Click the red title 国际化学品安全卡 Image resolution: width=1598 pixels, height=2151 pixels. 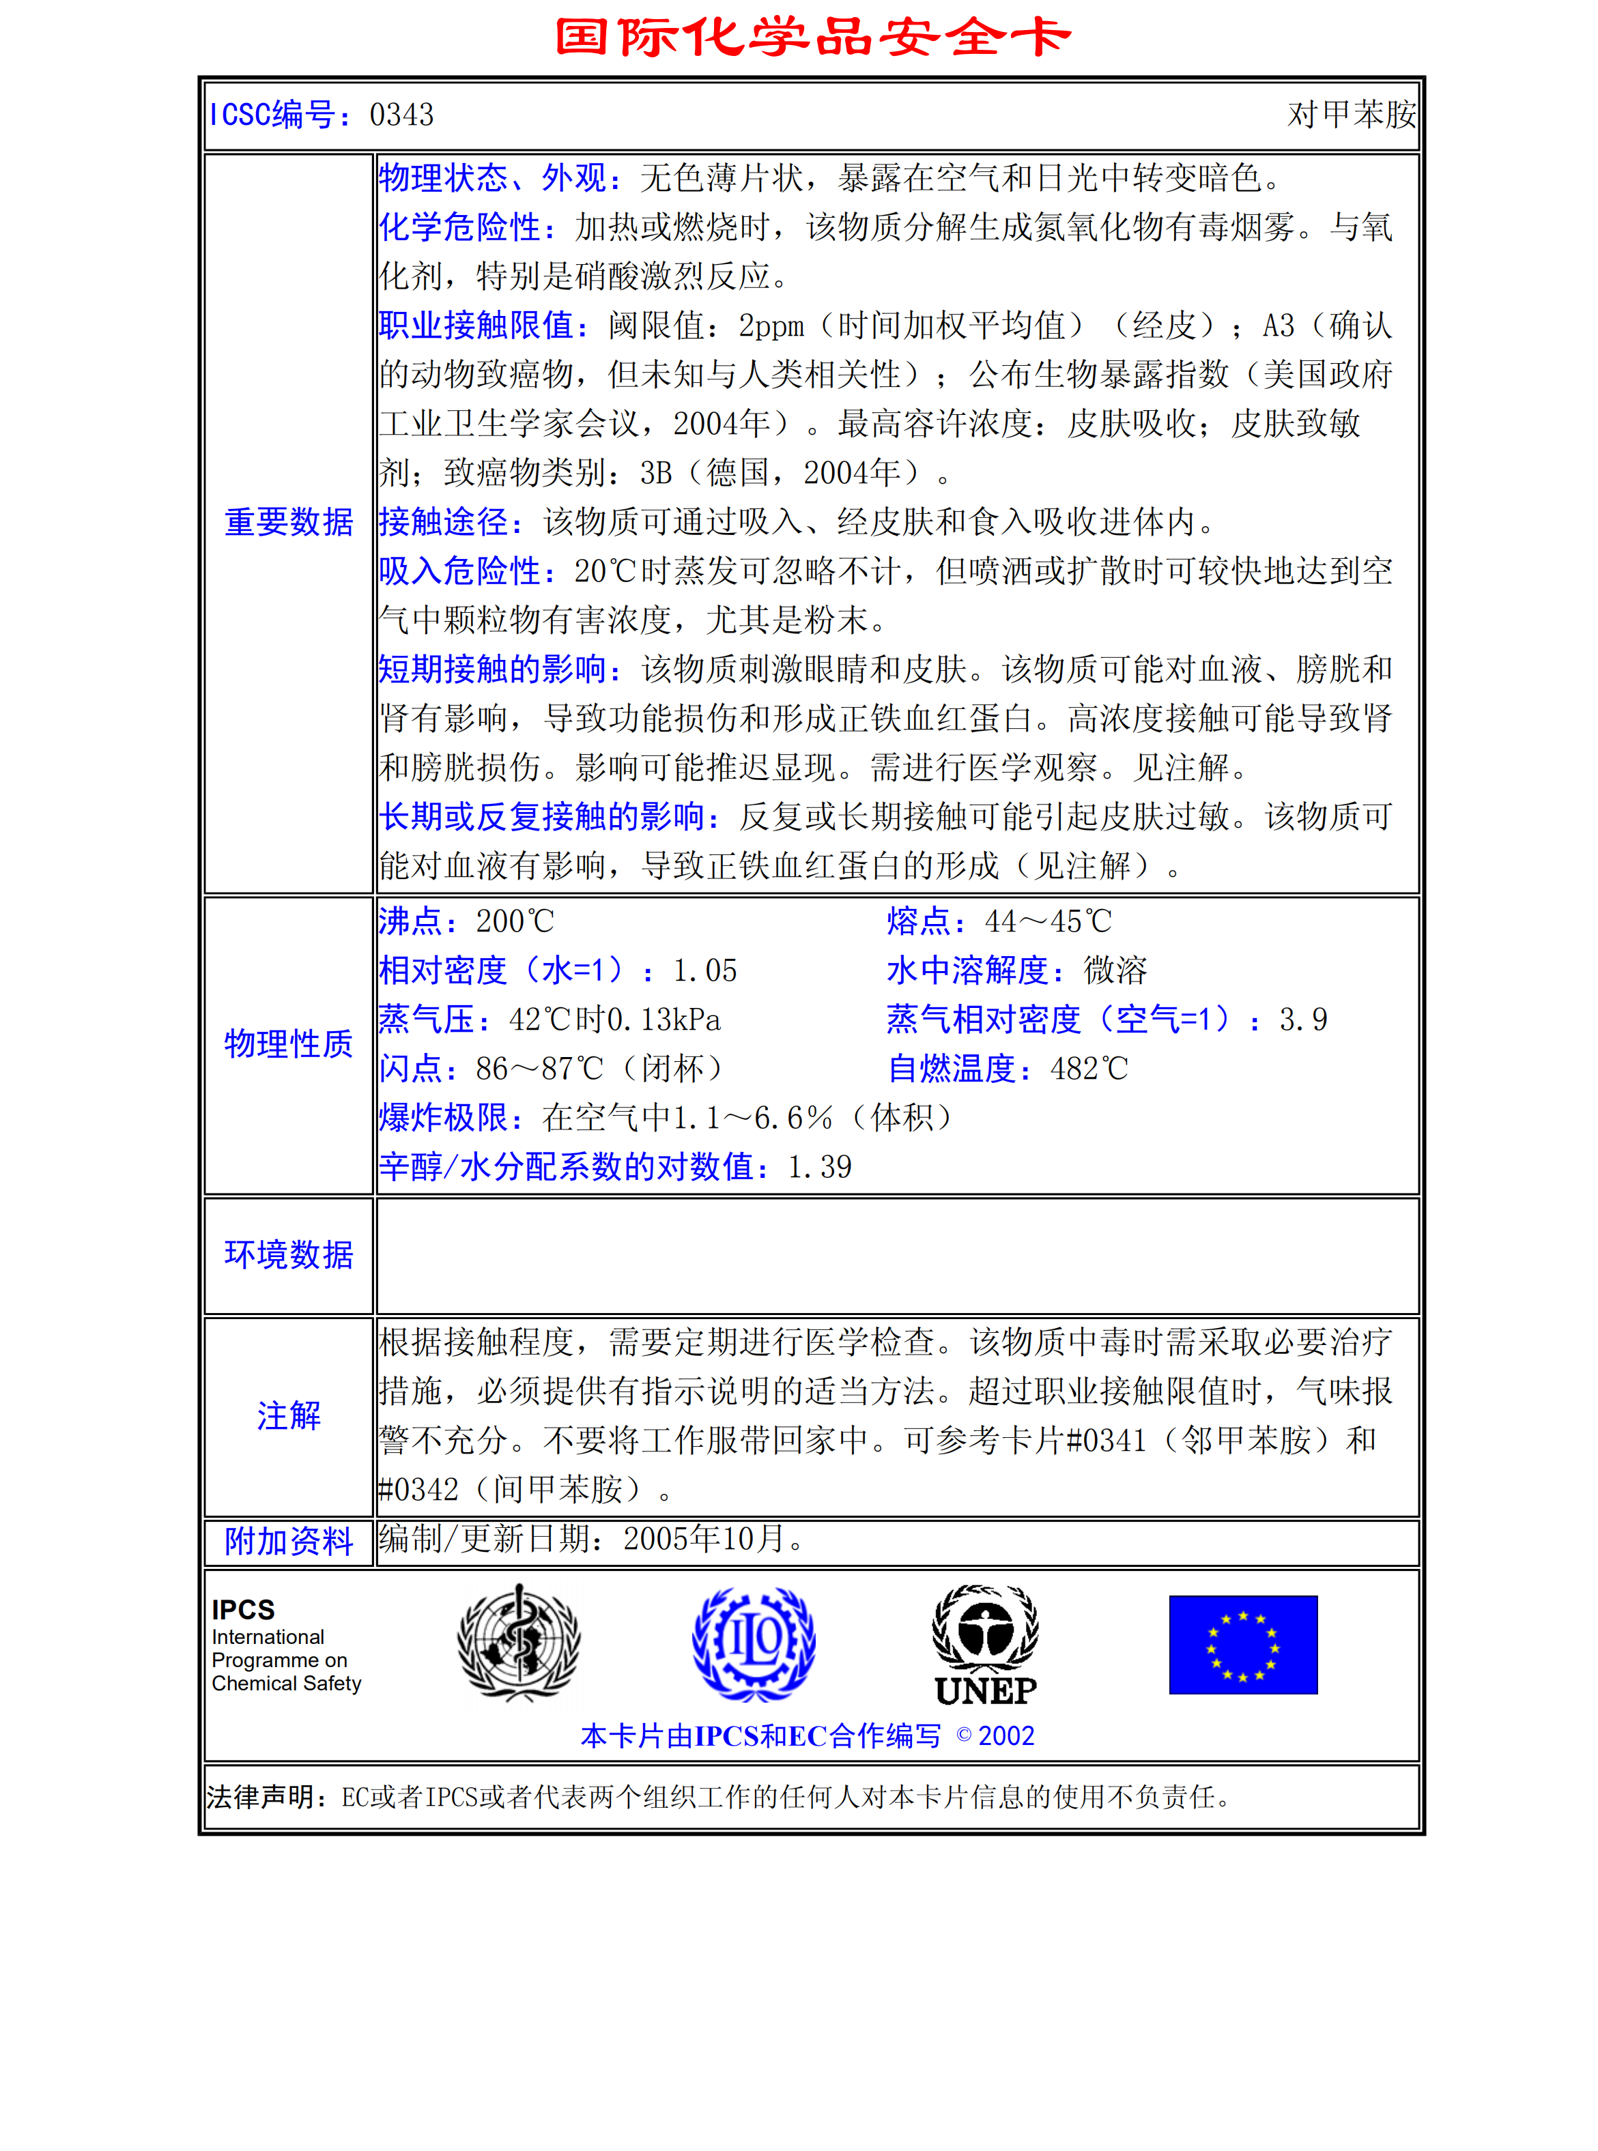tap(812, 37)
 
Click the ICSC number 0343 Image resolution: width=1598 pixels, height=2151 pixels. tap(401, 115)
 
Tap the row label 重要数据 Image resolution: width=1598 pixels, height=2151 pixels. tap(288, 522)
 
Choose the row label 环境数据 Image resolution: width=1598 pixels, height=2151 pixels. tap(288, 1254)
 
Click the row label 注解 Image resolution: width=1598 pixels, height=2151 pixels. tap(288, 1416)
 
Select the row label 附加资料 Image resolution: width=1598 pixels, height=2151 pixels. tap(288, 1542)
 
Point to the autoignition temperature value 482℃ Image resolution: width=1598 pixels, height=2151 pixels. tap(1089, 1069)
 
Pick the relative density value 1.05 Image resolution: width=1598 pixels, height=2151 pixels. tap(705, 971)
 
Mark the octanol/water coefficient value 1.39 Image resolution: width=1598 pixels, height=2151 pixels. tap(819, 1168)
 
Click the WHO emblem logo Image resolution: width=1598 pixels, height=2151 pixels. tap(519, 1643)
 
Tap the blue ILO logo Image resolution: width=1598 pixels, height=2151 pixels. tap(754, 1643)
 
